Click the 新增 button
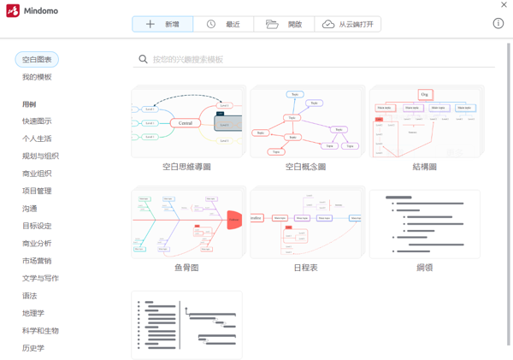pos(162,24)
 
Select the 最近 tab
pos(223,24)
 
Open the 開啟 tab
pos(284,24)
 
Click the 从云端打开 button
pos(347,24)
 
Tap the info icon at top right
pos(498,23)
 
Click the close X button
pos(504,5)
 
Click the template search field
pos(316,59)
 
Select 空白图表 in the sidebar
pos(37,60)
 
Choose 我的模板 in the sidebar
pos(37,77)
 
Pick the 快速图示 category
pos(37,121)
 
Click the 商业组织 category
pos(37,174)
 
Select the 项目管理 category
pos(37,191)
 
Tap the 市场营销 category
pos(37,261)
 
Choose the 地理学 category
pos(33,313)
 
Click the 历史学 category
pos(33,348)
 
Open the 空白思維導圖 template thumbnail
pos(187,121)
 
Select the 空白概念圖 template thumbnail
pos(305,121)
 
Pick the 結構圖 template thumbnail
pos(424,121)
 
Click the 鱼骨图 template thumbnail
pos(187,223)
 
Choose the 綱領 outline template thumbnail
pos(424,223)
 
